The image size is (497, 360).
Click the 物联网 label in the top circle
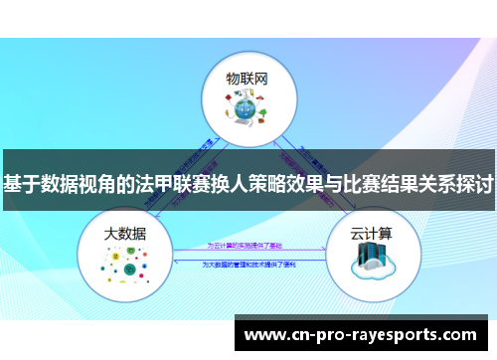[x=248, y=77]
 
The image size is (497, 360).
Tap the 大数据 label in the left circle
[x=125, y=234]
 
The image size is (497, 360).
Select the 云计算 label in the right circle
[x=370, y=234]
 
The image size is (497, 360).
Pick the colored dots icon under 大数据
[x=124, y=265]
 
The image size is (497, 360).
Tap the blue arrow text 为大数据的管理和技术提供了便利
[x=248, y=264]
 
